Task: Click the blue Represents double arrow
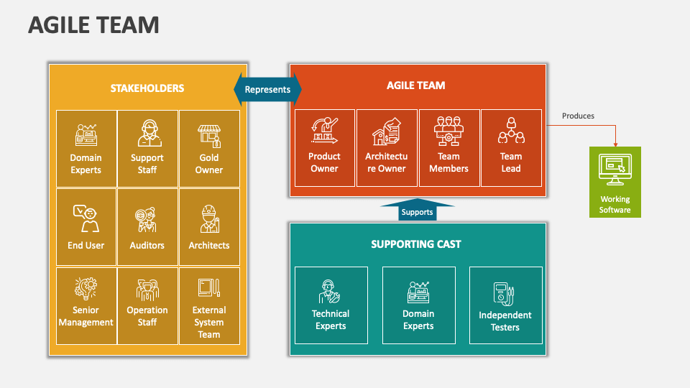tap(267, 90)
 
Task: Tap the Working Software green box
tap(615, 181)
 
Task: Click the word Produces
tap(578, 116)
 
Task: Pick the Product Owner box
tap(324, 148)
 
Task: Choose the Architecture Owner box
tap(386, 148)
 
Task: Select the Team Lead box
tap(511, 148)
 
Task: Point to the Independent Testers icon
tap(505, 293)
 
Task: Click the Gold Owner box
tap(209, 148)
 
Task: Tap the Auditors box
tap(147, 227)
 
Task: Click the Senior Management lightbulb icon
tap(86, 289)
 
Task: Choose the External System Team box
tap(209, 305)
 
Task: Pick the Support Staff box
tap(147, 148)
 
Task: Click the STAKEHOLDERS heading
tap(147, 88)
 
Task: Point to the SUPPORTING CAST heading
tap(416, 244)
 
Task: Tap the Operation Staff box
tap(147, 305)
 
